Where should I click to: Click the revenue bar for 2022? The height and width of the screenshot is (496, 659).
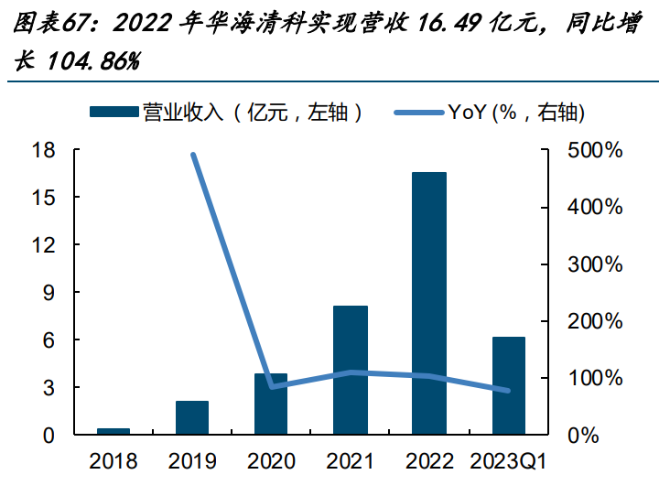(428, 303)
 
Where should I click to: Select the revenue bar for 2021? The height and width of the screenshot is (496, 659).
(351, 370)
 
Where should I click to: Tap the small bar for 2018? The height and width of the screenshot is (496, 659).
(113, 431)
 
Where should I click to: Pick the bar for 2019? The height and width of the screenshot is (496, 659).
(192, 417)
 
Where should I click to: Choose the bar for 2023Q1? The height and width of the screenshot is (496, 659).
(509, 385)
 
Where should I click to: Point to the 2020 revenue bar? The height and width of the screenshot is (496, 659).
(271, 404)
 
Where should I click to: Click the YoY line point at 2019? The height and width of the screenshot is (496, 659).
(193, 155)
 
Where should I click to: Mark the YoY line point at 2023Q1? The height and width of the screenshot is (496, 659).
(508, 391)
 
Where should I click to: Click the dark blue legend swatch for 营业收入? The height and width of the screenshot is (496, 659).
(113, 112)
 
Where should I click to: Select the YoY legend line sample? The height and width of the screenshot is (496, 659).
(419, 113)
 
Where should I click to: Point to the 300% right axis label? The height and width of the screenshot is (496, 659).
(595, 264)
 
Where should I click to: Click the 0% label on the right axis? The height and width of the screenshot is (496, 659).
(583, 436)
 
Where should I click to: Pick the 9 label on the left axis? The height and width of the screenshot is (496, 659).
(49, 292)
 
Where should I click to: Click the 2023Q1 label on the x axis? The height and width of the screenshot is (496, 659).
(509, 461)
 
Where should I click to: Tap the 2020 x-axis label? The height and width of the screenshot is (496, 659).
(271, 461)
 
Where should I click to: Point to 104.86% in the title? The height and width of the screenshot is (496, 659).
(92, 61)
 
